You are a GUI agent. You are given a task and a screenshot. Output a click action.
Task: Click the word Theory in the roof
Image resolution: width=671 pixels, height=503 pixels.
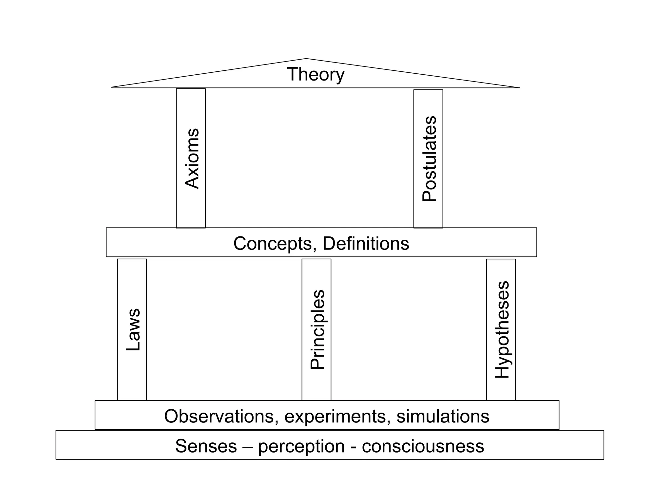tap(316, 75)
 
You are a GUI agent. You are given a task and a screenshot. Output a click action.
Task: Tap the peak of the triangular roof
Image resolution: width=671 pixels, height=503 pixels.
tap(306, 59)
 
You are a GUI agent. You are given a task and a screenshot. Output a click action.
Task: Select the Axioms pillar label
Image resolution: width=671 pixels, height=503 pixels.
tap(192, 158)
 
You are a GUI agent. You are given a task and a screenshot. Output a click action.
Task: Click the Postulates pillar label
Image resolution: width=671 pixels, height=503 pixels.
tap(429, 159)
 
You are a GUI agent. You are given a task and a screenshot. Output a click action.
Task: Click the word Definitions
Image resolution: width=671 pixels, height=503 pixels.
tap(366, 244)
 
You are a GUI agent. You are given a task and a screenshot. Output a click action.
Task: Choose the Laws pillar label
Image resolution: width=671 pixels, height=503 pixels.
tap(133, 330)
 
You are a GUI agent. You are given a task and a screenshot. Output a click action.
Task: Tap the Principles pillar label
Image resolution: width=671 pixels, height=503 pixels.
tap(317, 330)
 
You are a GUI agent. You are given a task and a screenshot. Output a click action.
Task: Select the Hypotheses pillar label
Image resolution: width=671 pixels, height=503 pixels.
tap(502, 330)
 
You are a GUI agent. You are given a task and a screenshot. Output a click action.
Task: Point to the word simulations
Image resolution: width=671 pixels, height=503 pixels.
tap(443, 417)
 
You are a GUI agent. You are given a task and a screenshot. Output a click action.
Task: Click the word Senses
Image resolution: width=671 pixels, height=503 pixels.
tap(206, 446)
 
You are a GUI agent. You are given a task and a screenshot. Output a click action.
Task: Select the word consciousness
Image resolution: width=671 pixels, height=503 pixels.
tap(423, 446)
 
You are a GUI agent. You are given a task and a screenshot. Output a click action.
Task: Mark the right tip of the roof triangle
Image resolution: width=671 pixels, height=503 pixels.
tap(519, 87)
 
